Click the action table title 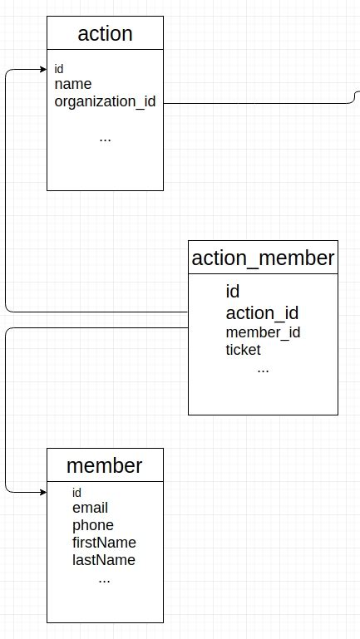[105, 34]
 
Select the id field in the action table [59, 69]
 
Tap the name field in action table [73, 84]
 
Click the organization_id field [105, 101]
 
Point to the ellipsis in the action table [105, 139]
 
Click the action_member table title [263, 258]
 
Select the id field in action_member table [233, 292]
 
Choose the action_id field [262, 313]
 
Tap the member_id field [263, 332]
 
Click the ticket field [243, 350]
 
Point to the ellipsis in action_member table [263, 369]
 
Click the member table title [105, 465]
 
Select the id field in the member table [76, 493]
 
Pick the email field [90, 508]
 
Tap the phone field [92, 525]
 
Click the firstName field [104, 543]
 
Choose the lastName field [103, 560]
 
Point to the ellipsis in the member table [104, 579]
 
